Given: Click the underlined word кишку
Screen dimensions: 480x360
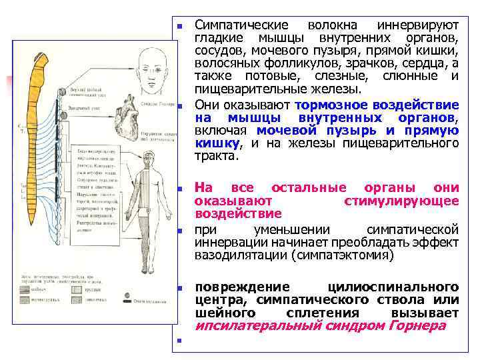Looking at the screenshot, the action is click(216, 143).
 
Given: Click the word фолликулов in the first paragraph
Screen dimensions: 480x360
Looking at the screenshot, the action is click(294, 64).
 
